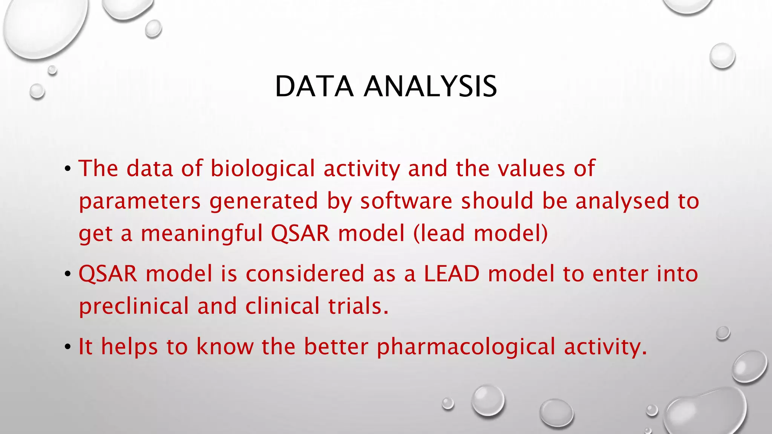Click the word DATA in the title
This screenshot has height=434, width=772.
click(x=314, y=87)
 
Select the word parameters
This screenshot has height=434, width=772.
click(x=139, y=201)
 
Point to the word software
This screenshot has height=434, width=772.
click(x=406, y=200)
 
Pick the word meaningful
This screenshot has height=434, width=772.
click(x=201, y=233)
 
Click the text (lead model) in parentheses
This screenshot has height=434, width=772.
click(x=481, y=233)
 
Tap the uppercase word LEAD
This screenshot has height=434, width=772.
click(x=452, y=274)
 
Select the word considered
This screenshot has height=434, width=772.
click(x=305, y=274)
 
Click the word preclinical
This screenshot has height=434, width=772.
click(x=133, y=306)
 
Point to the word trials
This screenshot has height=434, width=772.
click(x=358, y=306)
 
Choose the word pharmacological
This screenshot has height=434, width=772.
click(x=466, y=347)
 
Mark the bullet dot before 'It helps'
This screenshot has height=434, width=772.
click(x=67, y=347)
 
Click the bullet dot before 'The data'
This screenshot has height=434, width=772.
click(x=67, y=168)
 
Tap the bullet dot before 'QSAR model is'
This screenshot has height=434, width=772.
click(x=67, y=274)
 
